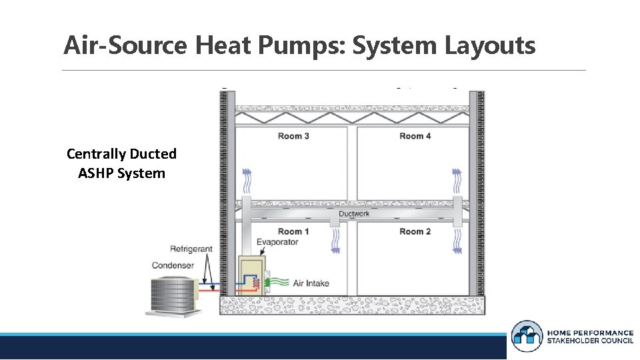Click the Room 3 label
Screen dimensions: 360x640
293,136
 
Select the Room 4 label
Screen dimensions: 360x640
415,136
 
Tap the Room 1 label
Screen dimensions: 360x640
293,231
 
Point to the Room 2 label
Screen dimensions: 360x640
415,231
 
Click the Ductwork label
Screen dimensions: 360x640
354,214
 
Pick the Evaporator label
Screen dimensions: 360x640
277,242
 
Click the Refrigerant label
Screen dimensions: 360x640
191,249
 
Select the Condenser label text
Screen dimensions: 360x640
173,265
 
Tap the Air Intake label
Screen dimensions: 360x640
311,283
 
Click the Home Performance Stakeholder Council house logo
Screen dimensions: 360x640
527,336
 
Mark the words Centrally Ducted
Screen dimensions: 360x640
121,154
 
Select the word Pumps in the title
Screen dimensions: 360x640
308,45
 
